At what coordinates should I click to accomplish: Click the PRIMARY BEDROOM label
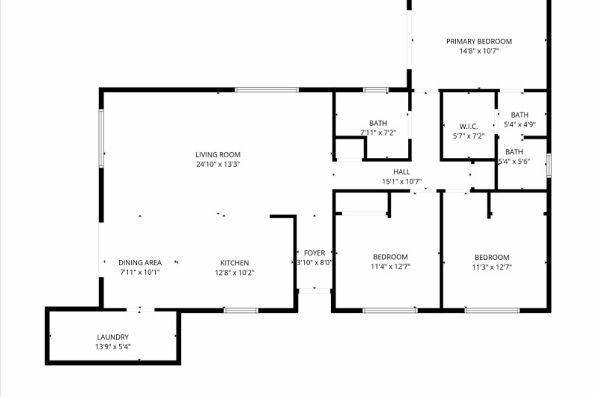pos(478,42)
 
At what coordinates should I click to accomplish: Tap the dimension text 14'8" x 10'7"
pos(478,51)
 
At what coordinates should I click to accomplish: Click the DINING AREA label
pos(140,263)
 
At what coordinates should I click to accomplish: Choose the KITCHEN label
pos(234,263)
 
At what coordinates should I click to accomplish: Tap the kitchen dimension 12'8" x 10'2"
pos(234,273)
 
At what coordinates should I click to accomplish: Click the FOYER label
pos(314,253)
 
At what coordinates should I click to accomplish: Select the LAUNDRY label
pos(112,337)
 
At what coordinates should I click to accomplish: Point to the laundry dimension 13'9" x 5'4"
pos(112,347)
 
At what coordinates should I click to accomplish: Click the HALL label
pos(402,172)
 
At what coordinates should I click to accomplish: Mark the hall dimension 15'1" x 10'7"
pos(402,182)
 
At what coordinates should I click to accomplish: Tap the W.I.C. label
pos(469,127)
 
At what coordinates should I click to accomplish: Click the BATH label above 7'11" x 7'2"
pos(378,124)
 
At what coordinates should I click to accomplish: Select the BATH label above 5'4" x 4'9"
pos(519,115)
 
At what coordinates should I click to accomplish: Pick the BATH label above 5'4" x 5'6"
pos(514,152)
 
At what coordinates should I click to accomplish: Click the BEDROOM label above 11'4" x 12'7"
pos(390,258)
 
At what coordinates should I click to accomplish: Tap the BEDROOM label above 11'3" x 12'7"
pos(492,258)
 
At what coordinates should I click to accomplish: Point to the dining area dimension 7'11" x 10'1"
pos(140,273)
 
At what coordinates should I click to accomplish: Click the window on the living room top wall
pos(267,90)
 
